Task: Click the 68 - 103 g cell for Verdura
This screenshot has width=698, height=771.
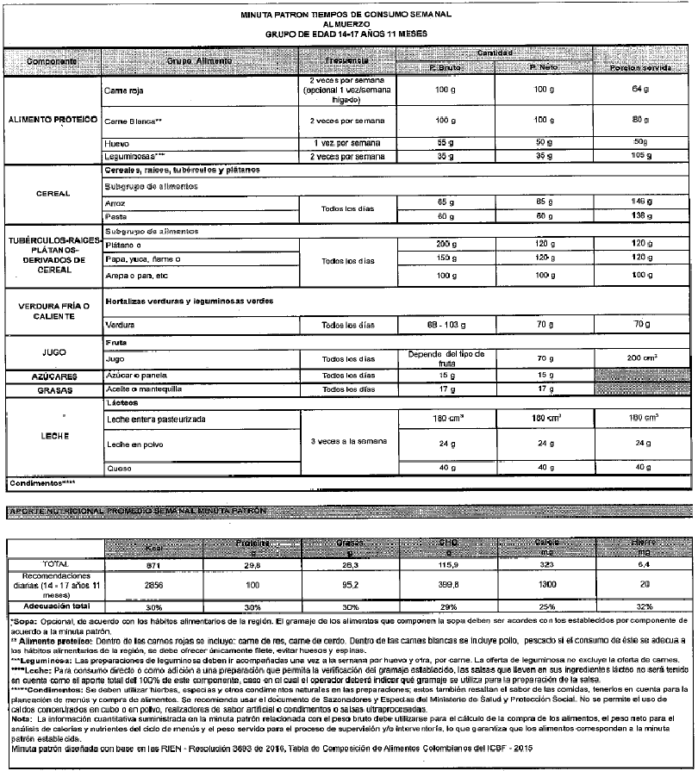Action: point(446,326)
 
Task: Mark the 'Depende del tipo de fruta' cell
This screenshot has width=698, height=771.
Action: point(446,358)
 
